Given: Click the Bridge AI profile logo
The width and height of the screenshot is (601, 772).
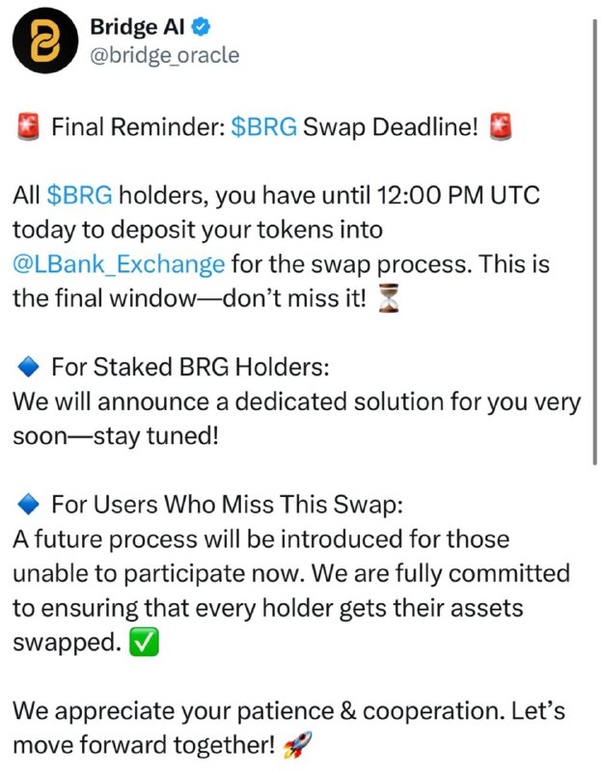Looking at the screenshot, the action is (x=45, y=41).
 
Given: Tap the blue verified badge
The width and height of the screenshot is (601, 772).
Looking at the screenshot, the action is (x=201, y=27).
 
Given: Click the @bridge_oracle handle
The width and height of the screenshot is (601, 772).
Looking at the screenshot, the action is (x=164, y=55).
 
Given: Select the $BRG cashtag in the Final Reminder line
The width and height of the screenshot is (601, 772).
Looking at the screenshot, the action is (x=263, y=126).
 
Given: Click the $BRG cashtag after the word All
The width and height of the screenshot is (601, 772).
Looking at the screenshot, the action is (x=80, y=196).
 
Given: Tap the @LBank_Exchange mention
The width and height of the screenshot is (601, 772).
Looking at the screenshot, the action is (x=119, y=264).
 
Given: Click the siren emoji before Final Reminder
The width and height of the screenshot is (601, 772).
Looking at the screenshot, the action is (x=28, y=126).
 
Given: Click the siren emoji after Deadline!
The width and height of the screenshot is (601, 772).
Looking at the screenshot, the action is (x=500, y=126).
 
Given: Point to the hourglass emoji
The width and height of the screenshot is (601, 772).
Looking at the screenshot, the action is (x=388, y=299).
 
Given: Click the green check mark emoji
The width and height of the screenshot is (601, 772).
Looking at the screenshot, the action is (x=144, y=642).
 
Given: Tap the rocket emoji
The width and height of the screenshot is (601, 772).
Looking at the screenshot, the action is (x=297, y=744).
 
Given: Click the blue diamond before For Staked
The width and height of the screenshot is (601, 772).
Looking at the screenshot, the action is (x=28, y=368).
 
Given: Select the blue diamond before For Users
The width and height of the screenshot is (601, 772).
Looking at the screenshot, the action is (x=28, y=505).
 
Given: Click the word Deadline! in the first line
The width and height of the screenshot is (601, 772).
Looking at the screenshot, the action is (x=425, y=126).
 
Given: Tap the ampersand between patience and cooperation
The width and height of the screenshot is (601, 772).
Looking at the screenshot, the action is (x=348, y=711).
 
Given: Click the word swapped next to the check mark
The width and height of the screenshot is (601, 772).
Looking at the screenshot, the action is (x=67, y=643).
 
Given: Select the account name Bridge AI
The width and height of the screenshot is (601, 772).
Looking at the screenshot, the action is (x=137, y=27).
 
